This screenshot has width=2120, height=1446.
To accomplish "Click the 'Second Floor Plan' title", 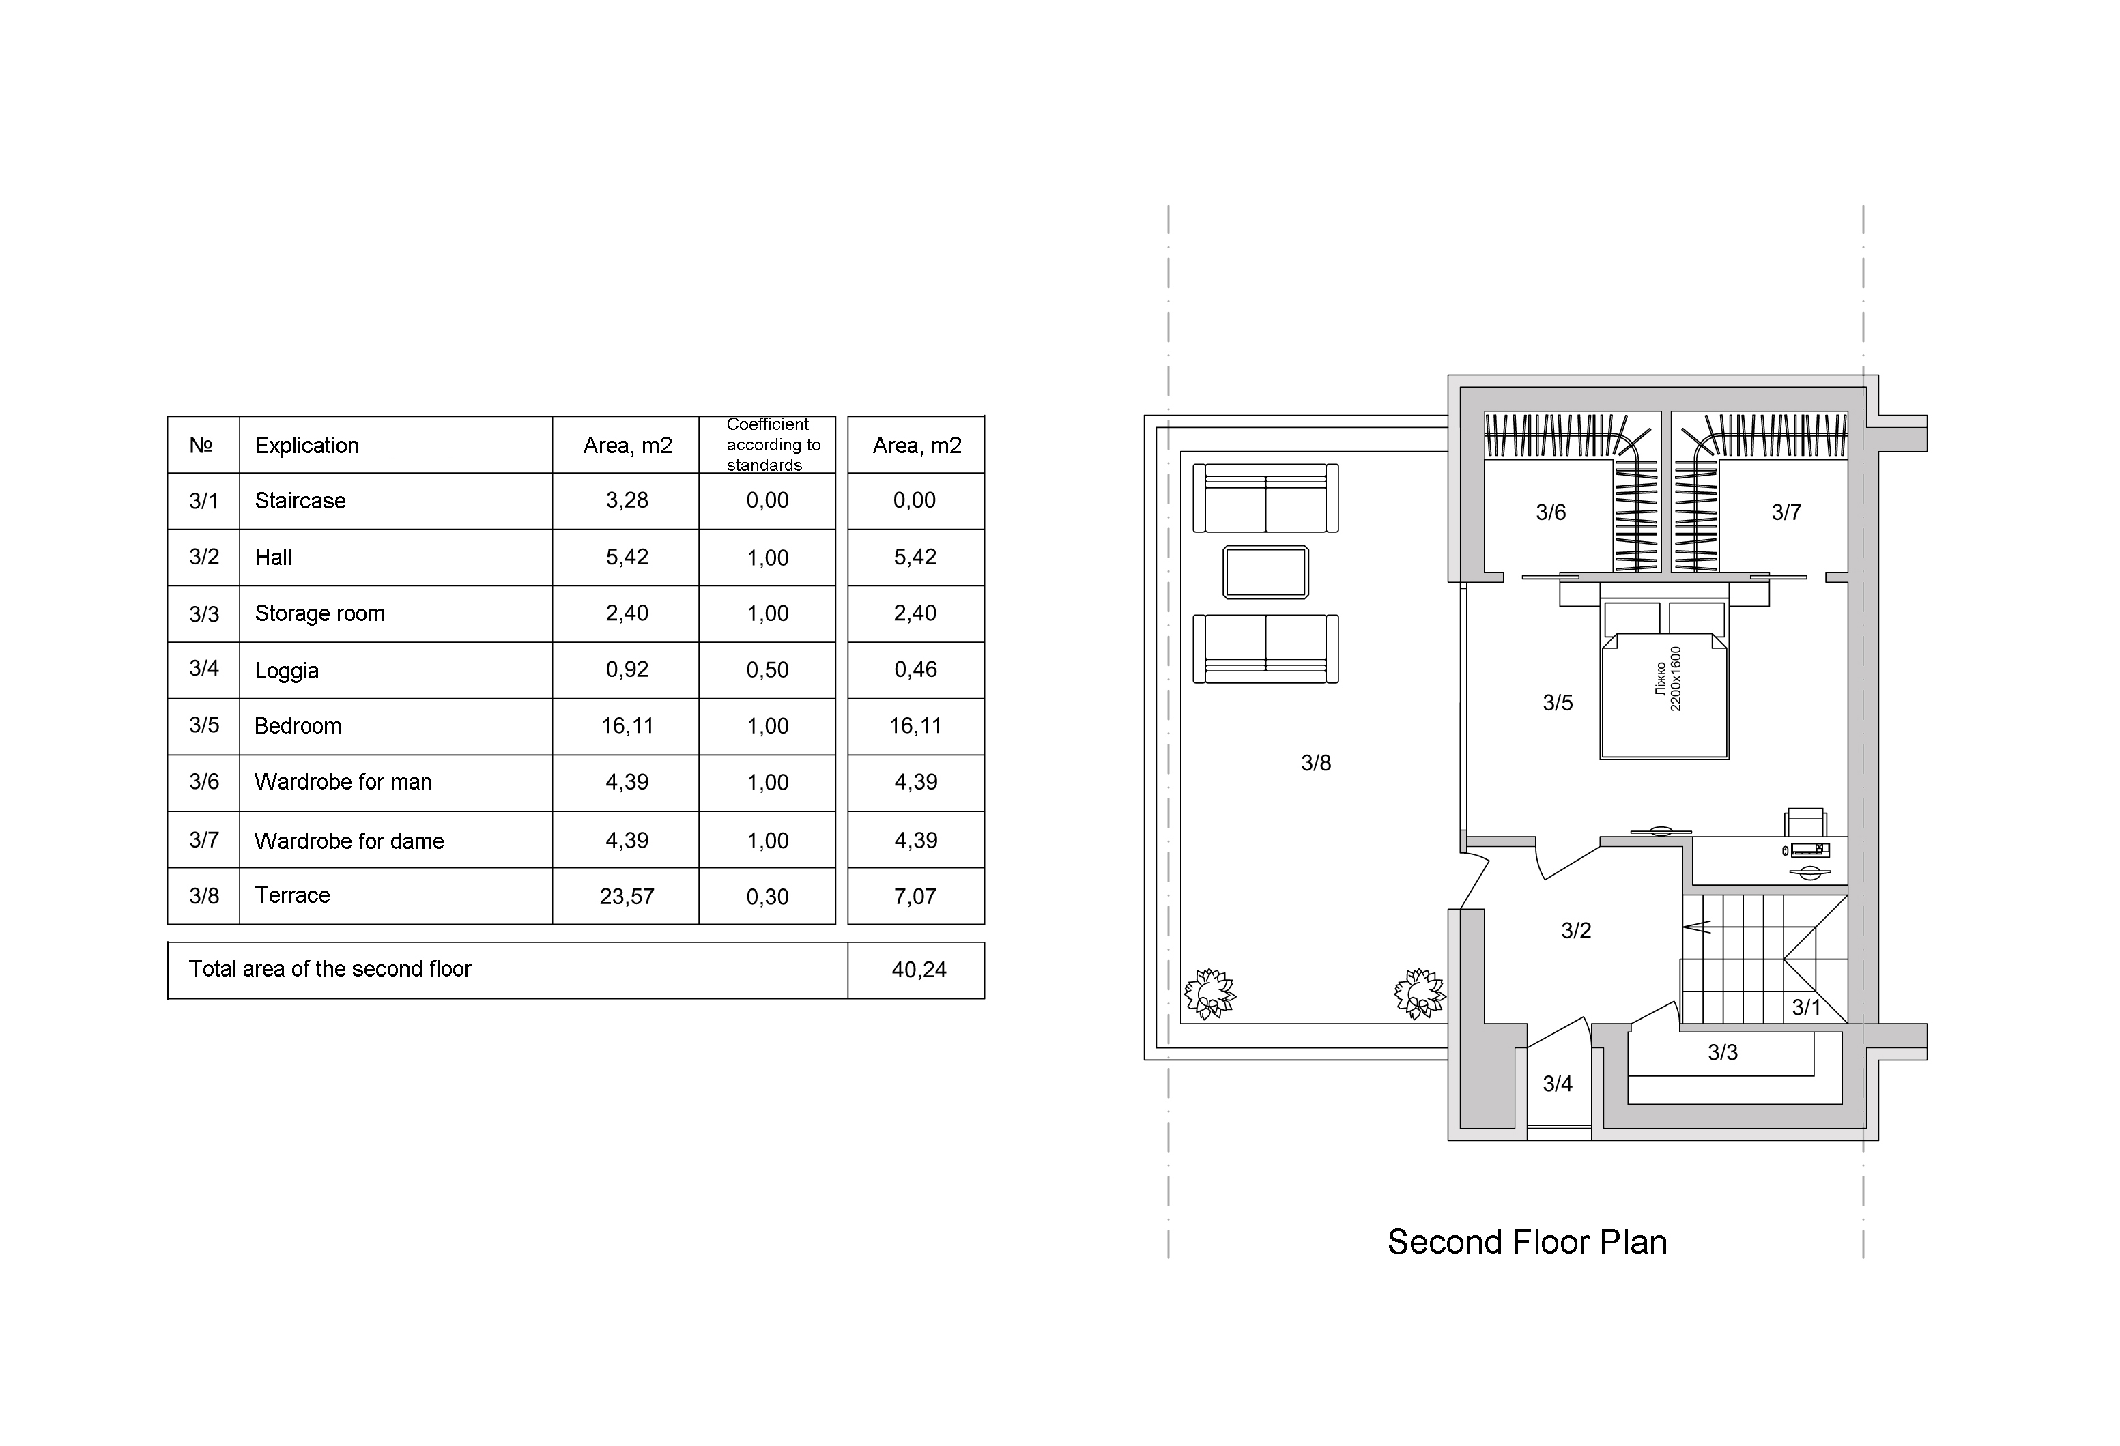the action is (x=1527, y=1243).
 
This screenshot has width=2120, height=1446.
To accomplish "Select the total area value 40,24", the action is (x=919, y=970).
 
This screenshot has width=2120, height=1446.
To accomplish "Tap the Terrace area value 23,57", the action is (x=627, y=897).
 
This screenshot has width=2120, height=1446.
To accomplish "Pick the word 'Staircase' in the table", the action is (x=300, y=501).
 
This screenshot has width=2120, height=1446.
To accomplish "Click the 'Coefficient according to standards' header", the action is (x=773, y=444).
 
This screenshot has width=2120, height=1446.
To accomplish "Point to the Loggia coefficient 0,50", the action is (x=767, y=669).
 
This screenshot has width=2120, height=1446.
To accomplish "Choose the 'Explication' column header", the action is (x=306, y=446).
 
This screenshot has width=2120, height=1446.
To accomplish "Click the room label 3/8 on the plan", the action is (x=1315, y=763).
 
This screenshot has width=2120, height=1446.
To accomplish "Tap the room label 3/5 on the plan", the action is (x=1557, y=702).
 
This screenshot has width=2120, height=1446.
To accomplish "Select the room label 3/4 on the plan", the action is (x=1557, y=1084).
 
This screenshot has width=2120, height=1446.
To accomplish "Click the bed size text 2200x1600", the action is (x=1675, y=679).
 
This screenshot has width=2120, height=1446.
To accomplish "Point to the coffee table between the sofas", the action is (x=1265, y=572).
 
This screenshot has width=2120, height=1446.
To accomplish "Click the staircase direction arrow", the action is (x=1697, y=928).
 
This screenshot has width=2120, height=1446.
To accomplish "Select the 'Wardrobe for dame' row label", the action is (x=349, y=841).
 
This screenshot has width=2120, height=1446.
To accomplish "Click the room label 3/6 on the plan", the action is (x=1550, y=512).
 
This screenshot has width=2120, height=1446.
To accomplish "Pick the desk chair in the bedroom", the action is (x=1806, y=822).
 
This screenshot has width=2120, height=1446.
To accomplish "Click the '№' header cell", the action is (x=201, y=445).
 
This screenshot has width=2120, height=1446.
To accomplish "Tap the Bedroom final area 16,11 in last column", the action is (x=915, y=726).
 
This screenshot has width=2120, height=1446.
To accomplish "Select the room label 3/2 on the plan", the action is (x=1575, y=931).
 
